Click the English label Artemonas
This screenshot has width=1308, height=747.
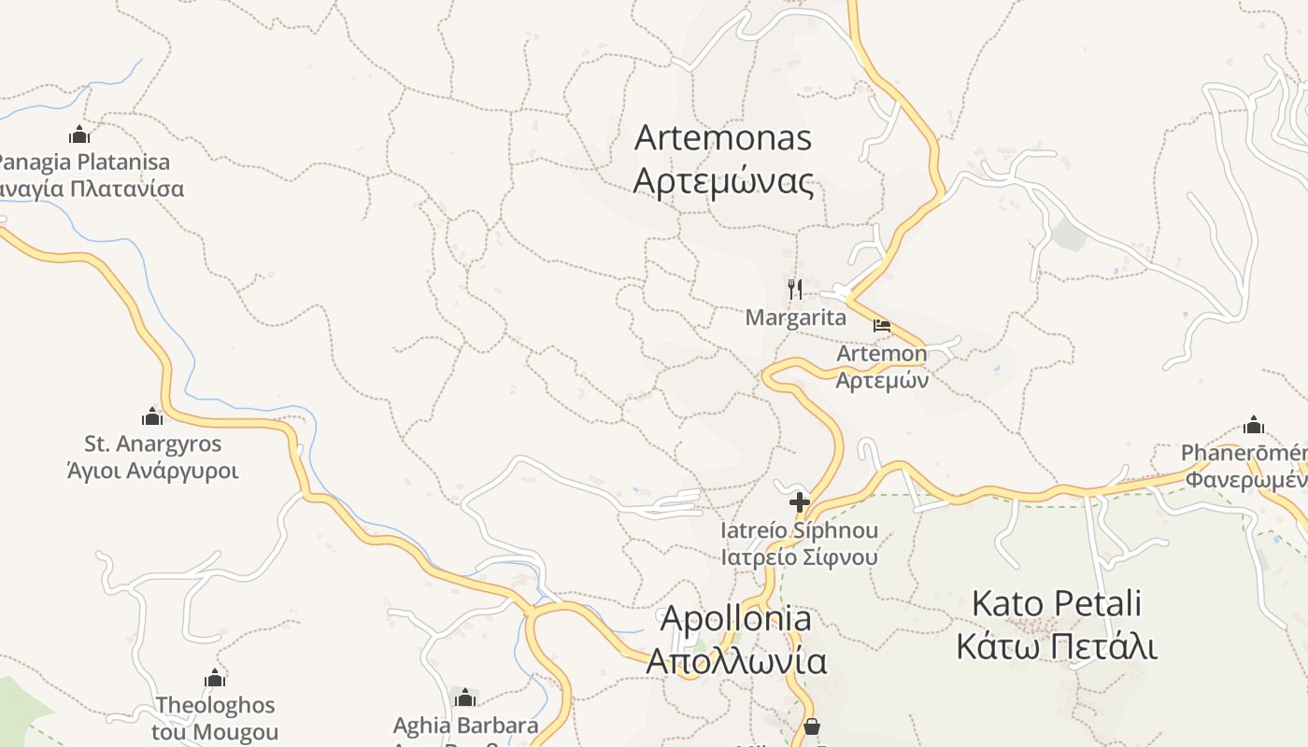coord(723,138)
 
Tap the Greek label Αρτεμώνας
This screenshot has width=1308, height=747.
coord(723,180)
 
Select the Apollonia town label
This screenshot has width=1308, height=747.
coord(736,618)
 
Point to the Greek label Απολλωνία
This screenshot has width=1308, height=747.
coord(736,661)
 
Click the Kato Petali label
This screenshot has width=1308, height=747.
coord(1057,604)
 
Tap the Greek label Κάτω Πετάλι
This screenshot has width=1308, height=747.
coord(1057,646)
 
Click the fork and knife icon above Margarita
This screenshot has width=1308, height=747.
coord(795,289)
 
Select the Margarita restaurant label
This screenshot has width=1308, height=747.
coord(796,317)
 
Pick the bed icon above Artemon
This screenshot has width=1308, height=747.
coord(881,326)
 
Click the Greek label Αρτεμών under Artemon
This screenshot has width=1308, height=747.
coord(881,380)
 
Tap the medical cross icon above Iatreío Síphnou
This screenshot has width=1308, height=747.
coord(799,502)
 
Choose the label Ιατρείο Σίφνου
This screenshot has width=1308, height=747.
coord(799,557)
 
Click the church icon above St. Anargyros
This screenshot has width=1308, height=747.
coord(152,416)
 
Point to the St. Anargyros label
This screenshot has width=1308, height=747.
coord(152,444)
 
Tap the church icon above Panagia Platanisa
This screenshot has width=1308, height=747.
coord(79,134)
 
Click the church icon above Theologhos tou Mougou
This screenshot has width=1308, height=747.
coord(215,678)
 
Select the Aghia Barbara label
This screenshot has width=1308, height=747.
coord(465,726)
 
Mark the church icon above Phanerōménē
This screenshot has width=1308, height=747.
coord(1254,425)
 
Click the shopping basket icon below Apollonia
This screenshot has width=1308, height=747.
coord(812,726)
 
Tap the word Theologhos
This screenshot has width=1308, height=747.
coord(215,705)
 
